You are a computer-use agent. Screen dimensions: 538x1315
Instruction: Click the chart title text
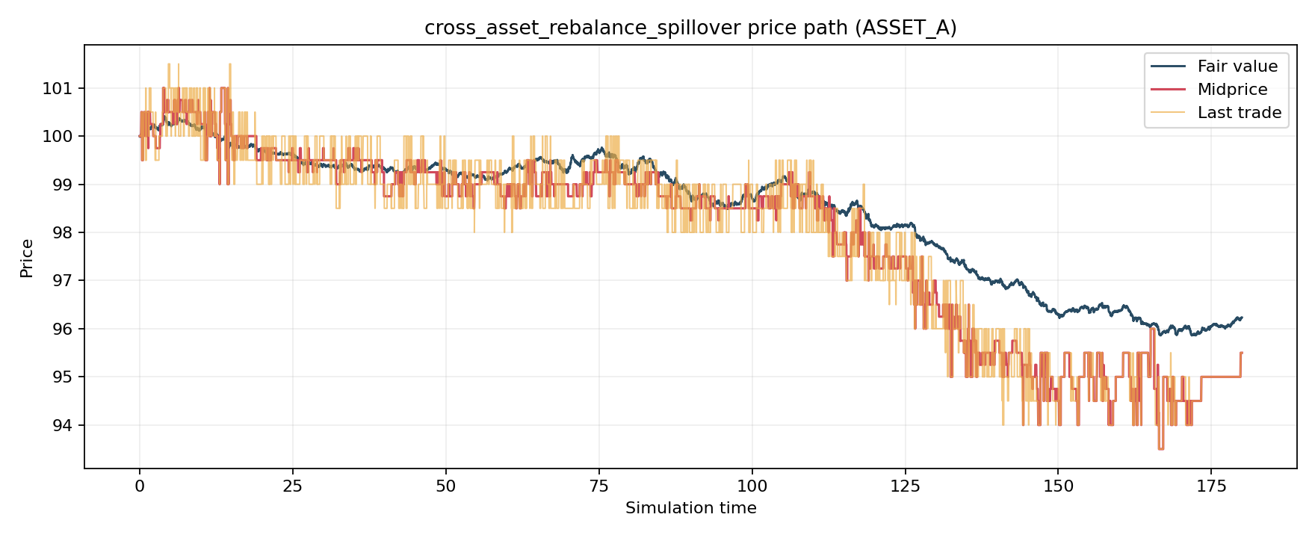[x=690, y=28]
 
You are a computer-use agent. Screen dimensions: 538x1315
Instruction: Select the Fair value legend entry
[x=1237, y=67]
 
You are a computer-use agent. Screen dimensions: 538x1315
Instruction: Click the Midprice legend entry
[x=1232, y=90]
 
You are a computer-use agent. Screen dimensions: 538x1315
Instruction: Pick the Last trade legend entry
[x=1239, y=113]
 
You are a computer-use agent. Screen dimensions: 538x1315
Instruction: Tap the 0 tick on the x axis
[x=140, y=486]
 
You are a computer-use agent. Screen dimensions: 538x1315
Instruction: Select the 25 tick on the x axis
[x=293, y=486]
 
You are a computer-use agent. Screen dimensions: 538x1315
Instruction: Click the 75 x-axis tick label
[x=598, y=486]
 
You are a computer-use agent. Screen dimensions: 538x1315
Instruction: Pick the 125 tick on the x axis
[x=905, y=486]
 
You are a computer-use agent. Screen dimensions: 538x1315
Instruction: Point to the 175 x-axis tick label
[x=1211, y=486]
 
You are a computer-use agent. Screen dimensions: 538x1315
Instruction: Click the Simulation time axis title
[x=690, y=509]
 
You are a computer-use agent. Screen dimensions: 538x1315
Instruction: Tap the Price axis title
[x=27, y=258]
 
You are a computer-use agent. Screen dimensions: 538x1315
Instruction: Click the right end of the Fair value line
[x=1241, y=318]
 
